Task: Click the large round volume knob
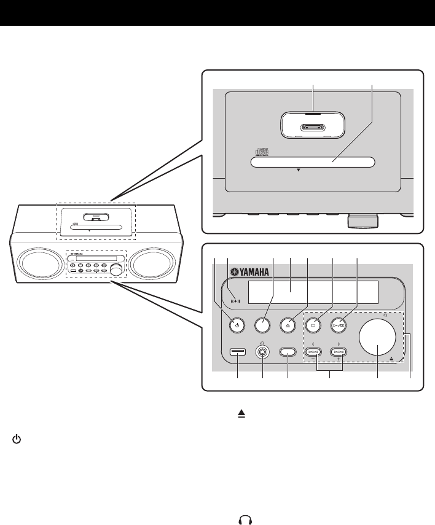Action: click(x=377, y=338)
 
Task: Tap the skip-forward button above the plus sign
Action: click(x=339, y=352)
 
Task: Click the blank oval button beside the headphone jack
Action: click(x=288, y=352)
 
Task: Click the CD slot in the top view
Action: click(x=312, y=163)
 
